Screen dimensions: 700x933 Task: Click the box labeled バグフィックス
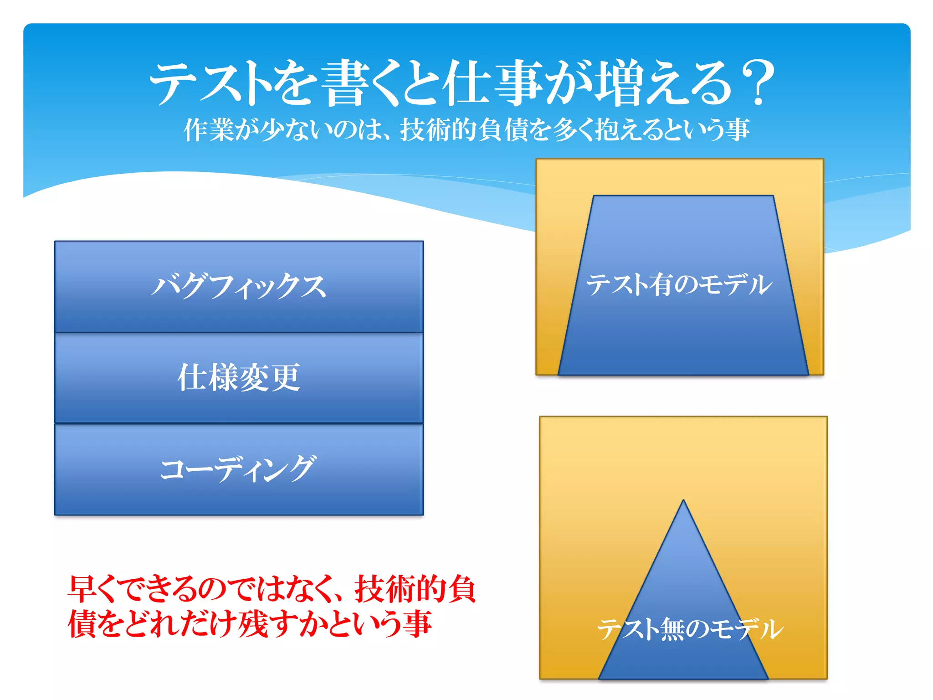tap(239, 286)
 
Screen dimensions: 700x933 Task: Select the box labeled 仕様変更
tap(239, 377)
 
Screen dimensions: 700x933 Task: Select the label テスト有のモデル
tap(679, 284)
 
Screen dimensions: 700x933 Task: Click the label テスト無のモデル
tap(690, 629)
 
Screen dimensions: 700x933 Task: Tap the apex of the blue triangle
tap(683, 502)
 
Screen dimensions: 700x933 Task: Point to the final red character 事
tap(416, 624)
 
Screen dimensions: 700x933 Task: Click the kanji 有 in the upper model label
tap(660, 284)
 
